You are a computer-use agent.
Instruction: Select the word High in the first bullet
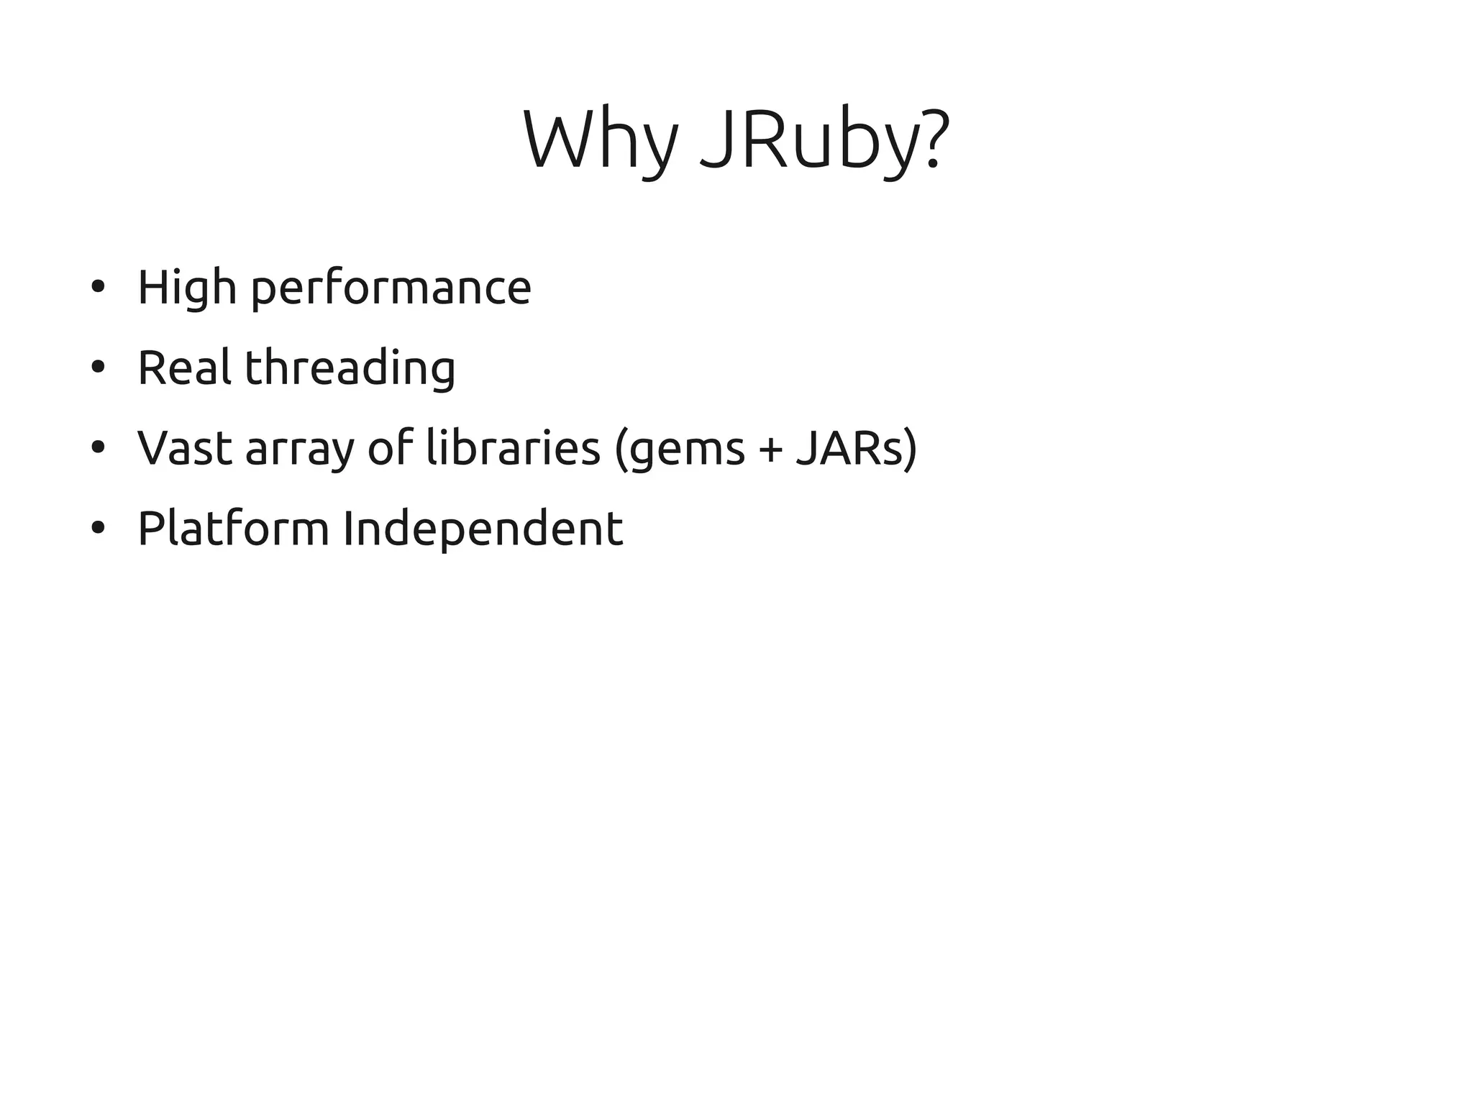pyautogui.click(x=186, y=288)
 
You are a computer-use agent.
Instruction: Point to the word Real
pyautogui.click(x=184, y=368)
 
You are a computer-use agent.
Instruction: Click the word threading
pyautogui.click(x=350, y=368)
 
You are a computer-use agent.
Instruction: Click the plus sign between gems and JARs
pyautogui.click(x=770, y=450)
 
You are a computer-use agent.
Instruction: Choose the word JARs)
pyautogui.click(x=857, y=448)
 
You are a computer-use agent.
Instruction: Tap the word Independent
pyautogui.click(x=483, y=529)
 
